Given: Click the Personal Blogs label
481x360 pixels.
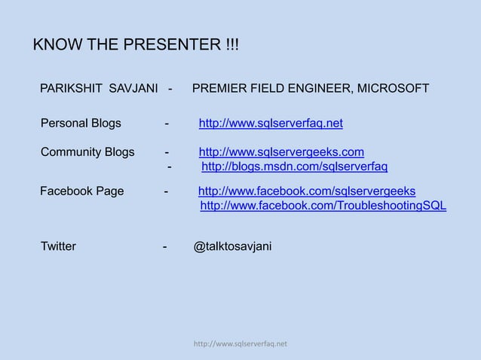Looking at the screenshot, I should point(81,123).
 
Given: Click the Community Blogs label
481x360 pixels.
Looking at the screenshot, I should point(87,152).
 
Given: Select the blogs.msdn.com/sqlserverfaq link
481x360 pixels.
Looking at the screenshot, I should point(295,166).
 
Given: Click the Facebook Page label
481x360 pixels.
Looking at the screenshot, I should point(82,191).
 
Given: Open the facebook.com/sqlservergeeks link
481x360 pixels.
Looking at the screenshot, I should point(306,191).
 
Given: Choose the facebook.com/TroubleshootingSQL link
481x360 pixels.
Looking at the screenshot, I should point(323,206).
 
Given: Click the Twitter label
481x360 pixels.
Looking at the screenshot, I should point(58,246).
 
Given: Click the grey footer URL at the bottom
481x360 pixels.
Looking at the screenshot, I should point(240,345).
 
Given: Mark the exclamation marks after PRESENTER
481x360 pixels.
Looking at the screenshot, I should point(231,44).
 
